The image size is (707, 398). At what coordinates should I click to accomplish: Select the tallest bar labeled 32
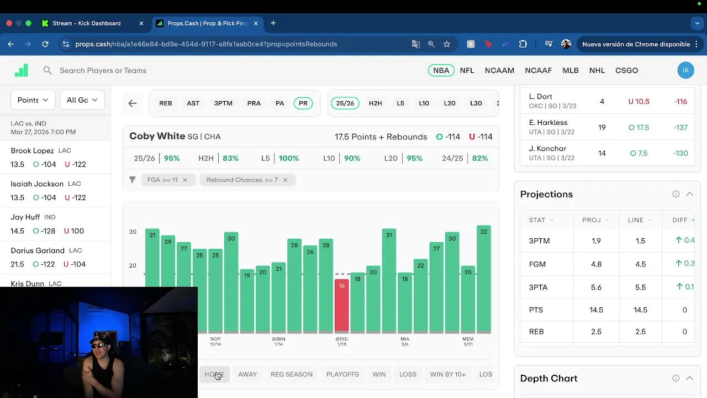coord(484,279)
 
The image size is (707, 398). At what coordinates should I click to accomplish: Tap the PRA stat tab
coord(254,103)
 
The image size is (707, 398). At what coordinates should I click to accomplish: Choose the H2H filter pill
coord(375,103)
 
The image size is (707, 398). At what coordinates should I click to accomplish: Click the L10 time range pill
coord(424,103)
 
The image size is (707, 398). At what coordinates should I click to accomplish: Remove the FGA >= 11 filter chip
coord(185,180)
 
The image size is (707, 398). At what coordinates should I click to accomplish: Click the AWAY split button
coord(247,374)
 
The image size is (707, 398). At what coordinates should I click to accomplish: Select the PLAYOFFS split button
coord(342,374)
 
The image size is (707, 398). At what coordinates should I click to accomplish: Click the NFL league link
coord(467,70)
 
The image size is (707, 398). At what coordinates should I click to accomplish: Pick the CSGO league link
coord(626,70)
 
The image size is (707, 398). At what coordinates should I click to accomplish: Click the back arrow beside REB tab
coord(133,103)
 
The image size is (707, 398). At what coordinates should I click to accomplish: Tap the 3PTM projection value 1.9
coord(596,241)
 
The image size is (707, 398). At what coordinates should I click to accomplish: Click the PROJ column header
coord(592,220)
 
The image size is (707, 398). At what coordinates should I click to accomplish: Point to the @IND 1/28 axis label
coord(341,341)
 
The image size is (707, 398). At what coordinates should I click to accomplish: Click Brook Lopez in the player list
coord(32,150)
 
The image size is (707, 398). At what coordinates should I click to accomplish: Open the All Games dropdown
coord(82,100)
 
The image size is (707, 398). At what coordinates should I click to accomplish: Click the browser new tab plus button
coord(273,23)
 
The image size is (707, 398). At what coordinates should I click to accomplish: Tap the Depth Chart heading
coord(548,378)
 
